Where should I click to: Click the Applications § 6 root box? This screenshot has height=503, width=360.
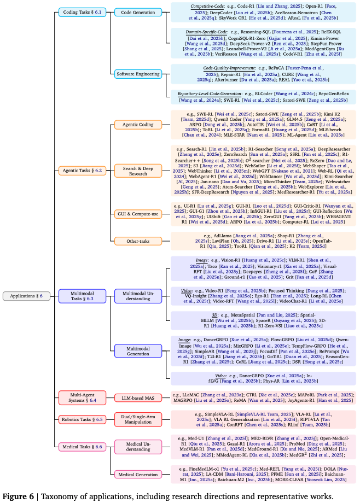[x=26, y=296]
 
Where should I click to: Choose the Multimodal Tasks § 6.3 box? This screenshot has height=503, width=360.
[x=83, y=296]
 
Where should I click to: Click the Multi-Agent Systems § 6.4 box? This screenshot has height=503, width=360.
[x=82, y=397]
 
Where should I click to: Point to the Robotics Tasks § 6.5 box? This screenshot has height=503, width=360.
[x=82, y=420]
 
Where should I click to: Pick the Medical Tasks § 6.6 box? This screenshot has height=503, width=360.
[x=82, y=447]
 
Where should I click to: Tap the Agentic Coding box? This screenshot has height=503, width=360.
[x=138, y=124]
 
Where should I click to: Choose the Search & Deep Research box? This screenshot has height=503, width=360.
[x=138, y=171]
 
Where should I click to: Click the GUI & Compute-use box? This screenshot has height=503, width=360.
[x=138, y=214]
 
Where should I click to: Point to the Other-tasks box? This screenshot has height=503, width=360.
[x=138, y=241]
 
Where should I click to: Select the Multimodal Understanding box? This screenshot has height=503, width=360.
[x=138, y=296]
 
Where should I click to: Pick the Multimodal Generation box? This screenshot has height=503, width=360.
[x=138, y=350]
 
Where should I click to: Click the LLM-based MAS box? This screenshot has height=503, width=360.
[x=138, y=397]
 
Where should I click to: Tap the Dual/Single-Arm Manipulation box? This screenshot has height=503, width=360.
[x=138, y=420]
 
